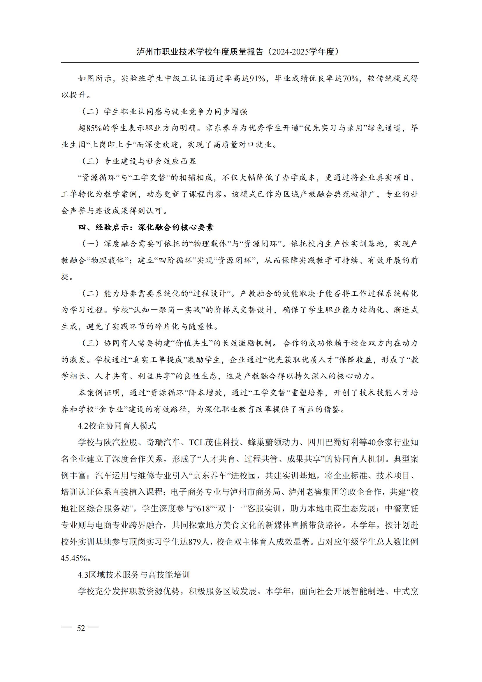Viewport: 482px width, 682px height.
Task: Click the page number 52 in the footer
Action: click(x=81, y=628)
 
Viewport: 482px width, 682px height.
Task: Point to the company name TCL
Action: click(x=197, y=443)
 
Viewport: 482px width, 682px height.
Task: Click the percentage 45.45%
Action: click(x=74, y=558)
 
